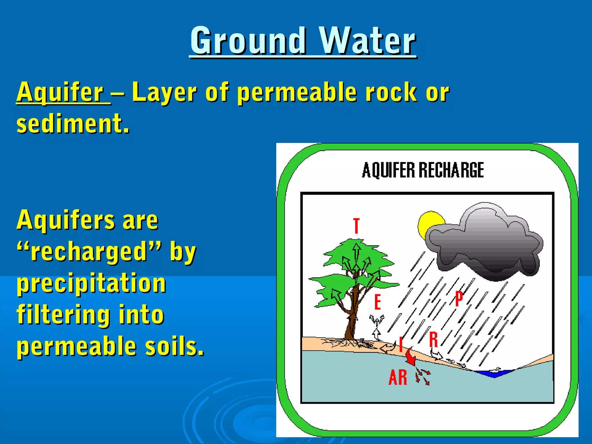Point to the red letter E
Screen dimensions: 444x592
378,302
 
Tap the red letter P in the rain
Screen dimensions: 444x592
459,299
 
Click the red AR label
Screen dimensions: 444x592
398,378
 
